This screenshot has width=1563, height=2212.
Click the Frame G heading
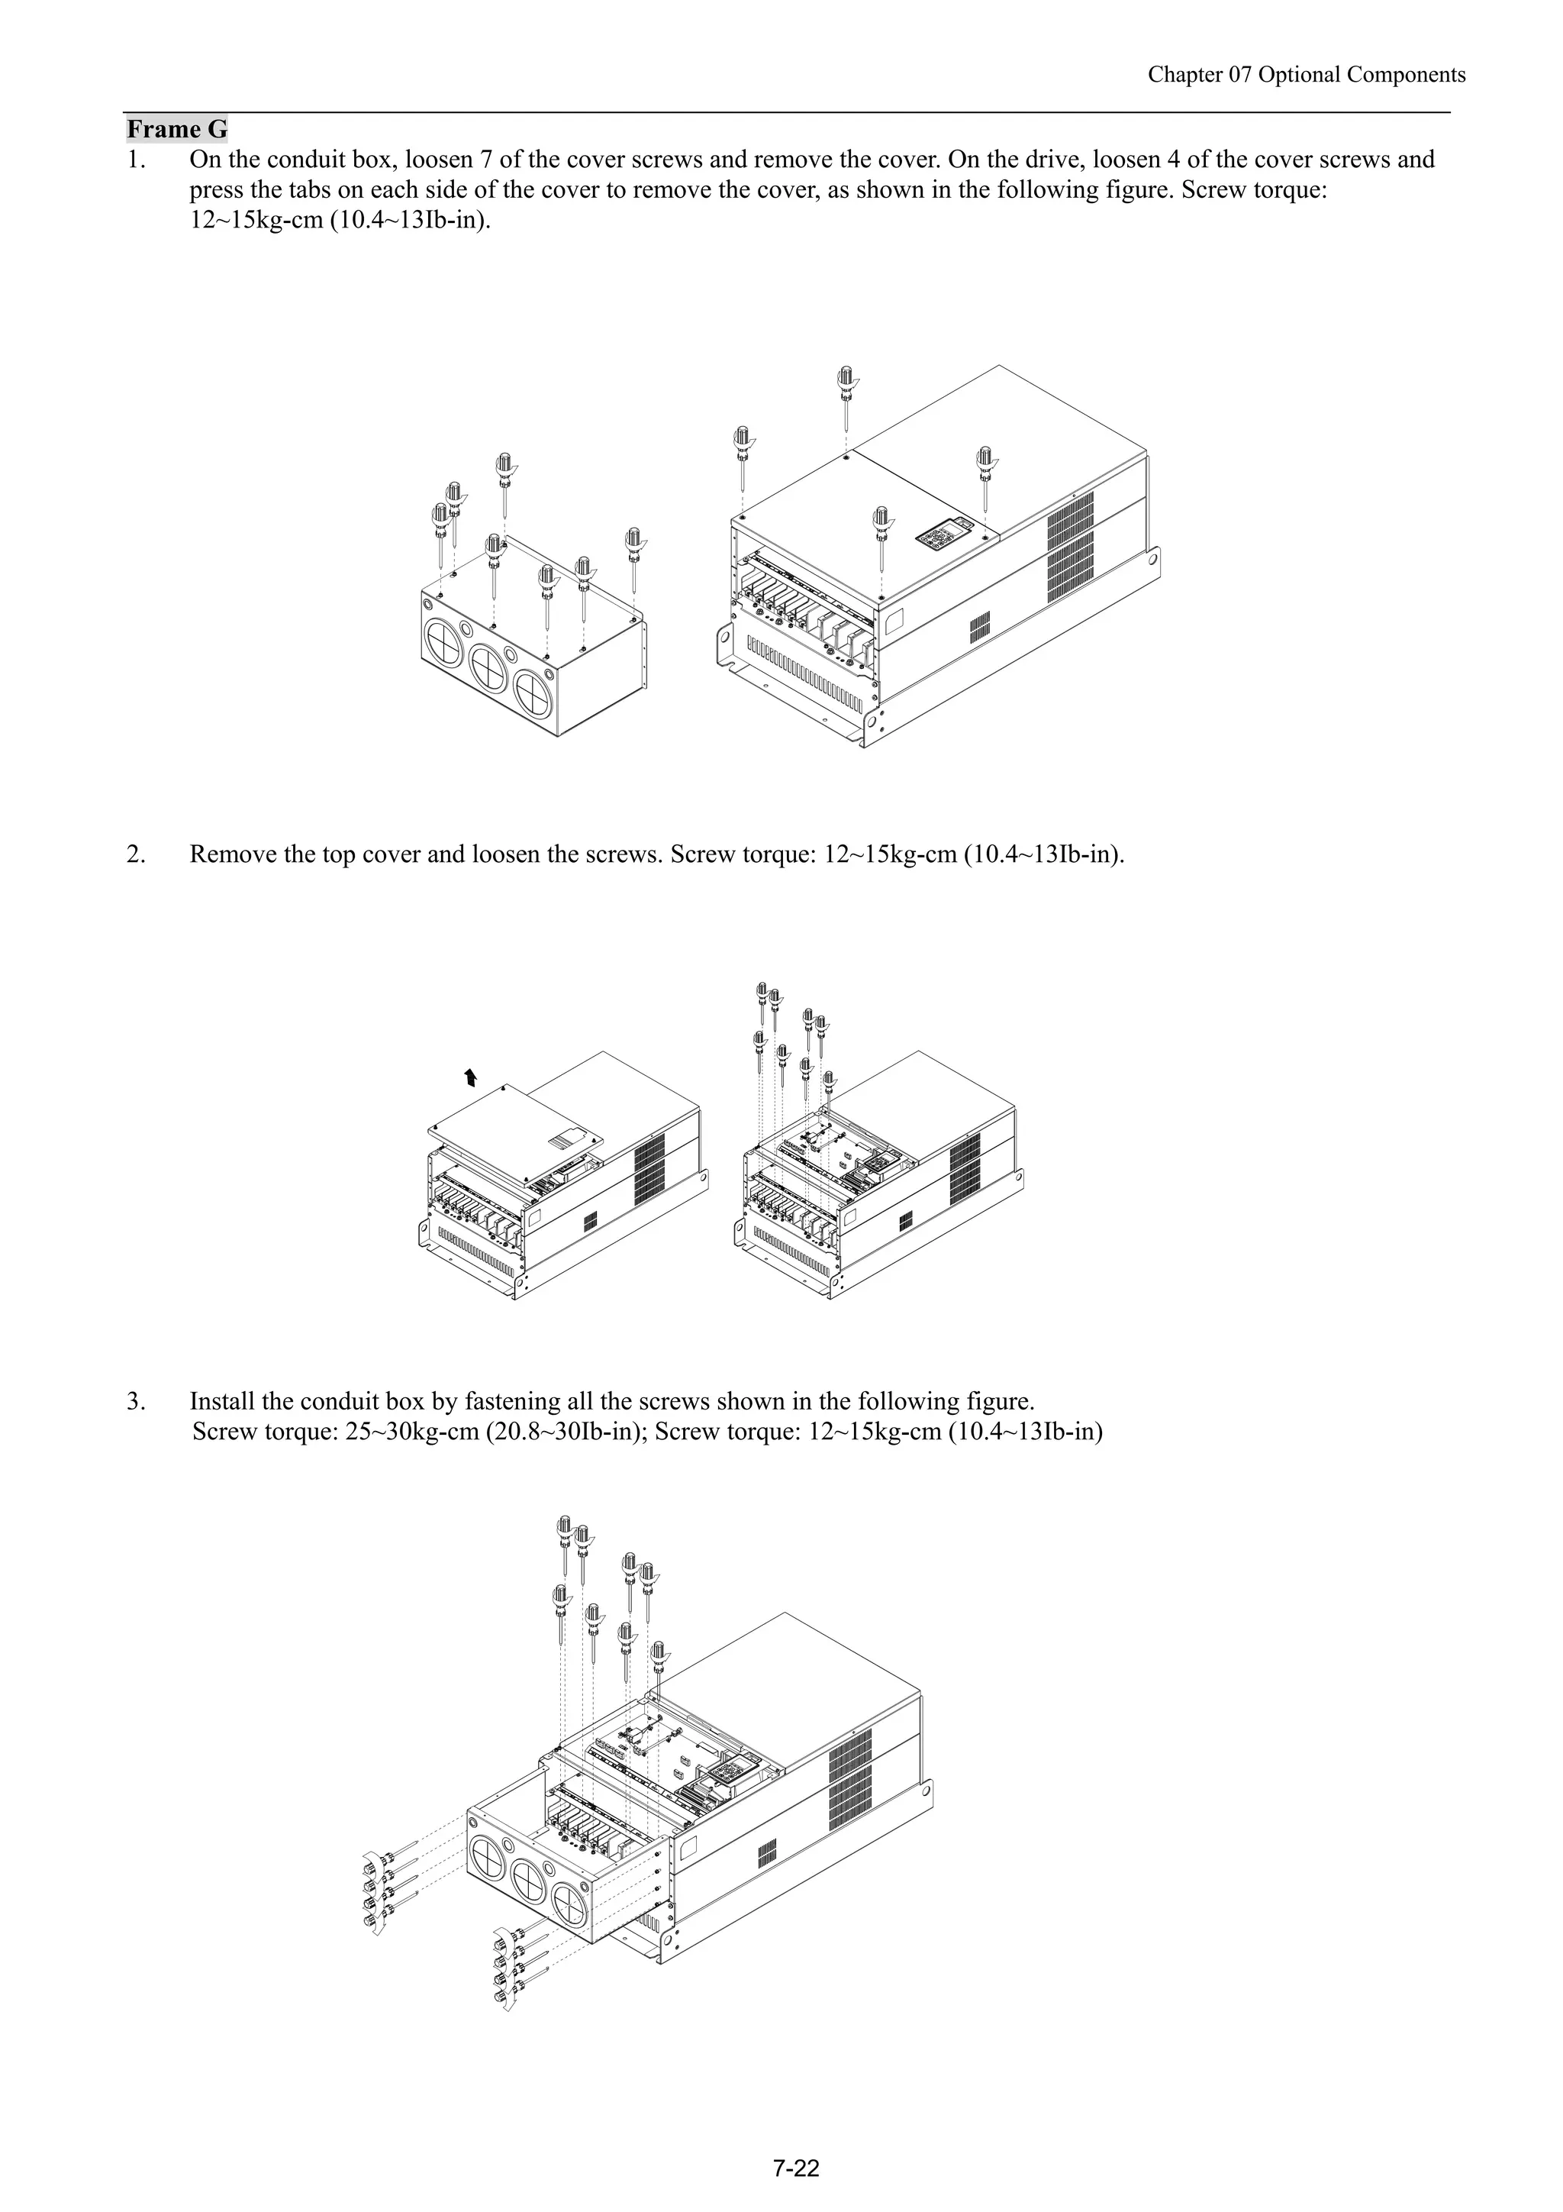pos(177,129)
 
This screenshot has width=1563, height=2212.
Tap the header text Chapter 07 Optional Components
pos(1306,75)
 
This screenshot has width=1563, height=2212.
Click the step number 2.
pos(135,854)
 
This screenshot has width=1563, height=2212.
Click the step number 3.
pos(135,1401)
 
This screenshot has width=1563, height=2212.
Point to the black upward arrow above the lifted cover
pos(470,1076)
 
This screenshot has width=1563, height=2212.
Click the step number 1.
pos(135,160)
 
